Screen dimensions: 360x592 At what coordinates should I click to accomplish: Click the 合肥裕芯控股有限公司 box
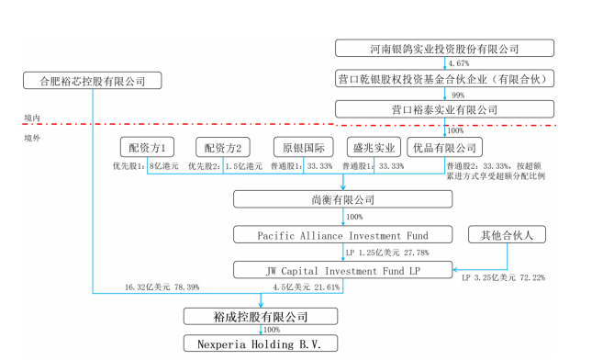pyautogui.click(x=92, y=81)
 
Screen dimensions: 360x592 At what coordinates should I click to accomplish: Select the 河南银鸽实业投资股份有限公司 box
pyautogui.click(x=444, y=49)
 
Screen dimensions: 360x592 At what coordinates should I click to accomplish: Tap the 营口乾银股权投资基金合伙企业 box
pyautogui.click(x=444, y=79)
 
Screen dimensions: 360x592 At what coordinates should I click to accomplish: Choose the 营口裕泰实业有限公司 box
pyautogui.click(x=444, y=109)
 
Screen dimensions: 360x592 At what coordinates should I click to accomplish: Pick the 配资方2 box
pyautogui.click(x=222, y=147)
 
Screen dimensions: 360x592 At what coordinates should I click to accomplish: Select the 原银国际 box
pyautogui.click(x=301, y=147)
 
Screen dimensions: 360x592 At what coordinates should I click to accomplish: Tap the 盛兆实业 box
pyautogui.click(x=373, y=147)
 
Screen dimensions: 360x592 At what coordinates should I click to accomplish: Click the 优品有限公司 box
pyautogui.click(x=444, y=147)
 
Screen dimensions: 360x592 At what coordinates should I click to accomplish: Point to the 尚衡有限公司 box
pyautogui.click(x=343, y=199)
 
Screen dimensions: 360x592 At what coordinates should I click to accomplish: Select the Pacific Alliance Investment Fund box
pyautogui.click(x=343, y=235)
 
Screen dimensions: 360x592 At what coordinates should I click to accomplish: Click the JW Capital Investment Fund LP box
pyautogui.click(x=343, y=269)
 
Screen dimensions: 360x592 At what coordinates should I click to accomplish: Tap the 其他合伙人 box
pyautogui.click(x=507, y=235)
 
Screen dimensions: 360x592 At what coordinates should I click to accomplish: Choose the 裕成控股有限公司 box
pyautogui.click(x=261, y=317)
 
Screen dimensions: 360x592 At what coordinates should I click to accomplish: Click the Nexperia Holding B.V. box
pyautogui.click(x=261, y=343)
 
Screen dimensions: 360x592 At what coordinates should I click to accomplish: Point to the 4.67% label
pyautogui.click(x=461, y=63)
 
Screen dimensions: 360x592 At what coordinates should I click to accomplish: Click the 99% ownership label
pyautogui.click(x=458, y=95)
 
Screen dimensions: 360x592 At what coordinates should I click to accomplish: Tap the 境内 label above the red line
pyautogui.click(x=33, y=118)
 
